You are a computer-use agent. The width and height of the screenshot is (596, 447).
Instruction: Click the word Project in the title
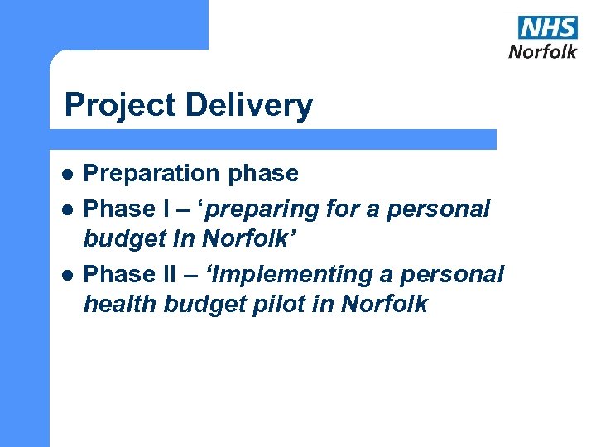(122, 106)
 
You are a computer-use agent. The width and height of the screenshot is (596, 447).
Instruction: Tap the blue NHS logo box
(548, 27)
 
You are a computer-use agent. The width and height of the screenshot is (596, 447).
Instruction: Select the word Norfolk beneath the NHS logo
(542, 51)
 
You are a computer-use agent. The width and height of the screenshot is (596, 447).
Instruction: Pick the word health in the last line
(121, 304)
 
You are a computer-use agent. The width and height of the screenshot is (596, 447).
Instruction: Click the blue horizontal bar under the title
(273, 139)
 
